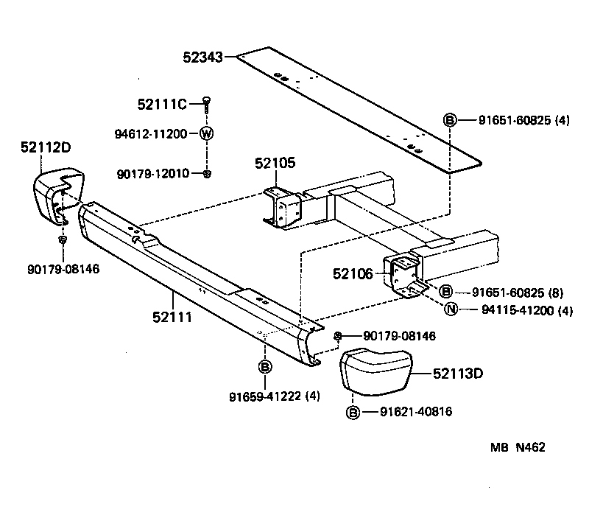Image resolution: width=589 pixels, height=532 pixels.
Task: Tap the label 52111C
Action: tap(162, 105)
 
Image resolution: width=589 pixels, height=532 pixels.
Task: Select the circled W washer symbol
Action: tap(207, 134)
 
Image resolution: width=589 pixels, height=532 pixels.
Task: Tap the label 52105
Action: tap(275, 163)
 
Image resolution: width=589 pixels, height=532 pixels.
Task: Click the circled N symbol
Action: tap(451, 309)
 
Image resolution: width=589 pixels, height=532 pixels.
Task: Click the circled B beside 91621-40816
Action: tap(353, 412)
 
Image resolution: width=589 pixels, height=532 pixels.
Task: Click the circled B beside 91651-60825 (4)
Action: tap(450, 121)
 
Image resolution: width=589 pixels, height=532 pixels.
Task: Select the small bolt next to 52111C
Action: tap(207, 103)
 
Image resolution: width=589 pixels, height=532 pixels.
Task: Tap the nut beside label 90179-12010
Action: tap(208, 174)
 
